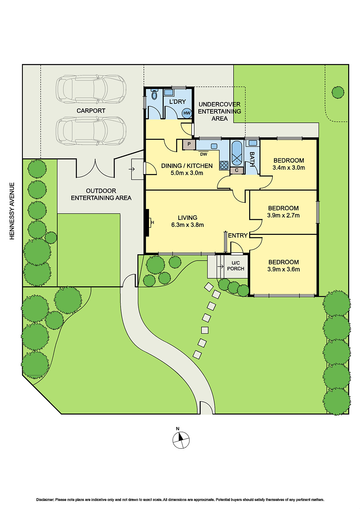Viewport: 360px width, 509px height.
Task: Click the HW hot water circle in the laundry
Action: coord(187,113)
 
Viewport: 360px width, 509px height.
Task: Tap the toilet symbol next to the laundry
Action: coord(155,94)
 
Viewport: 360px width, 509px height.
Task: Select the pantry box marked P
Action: coord(189,144)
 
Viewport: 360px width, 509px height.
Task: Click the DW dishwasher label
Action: coord(204,154)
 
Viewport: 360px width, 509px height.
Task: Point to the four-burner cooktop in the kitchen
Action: coord(224,165)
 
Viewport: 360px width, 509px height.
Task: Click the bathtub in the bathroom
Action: coord(237,153)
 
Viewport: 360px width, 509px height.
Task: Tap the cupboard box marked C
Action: coord(236,170)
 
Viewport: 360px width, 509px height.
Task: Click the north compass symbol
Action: coord(181,440)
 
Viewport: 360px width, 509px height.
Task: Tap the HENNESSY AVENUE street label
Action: coord(12,211)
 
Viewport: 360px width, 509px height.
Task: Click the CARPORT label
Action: coord(91,111)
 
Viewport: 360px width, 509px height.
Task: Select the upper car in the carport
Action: coord(91,89)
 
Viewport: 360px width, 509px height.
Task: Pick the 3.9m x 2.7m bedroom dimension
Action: coord(283,215)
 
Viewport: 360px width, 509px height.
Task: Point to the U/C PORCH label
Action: coord(236,266)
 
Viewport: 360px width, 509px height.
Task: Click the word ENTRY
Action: coord(238,235)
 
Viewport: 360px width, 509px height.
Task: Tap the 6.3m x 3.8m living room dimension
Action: coord(187,225)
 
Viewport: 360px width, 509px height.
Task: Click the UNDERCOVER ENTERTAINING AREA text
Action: coord(219,111)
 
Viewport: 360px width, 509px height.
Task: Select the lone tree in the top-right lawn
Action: coord(338,92)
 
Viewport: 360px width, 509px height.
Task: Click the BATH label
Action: coord(252,159)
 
